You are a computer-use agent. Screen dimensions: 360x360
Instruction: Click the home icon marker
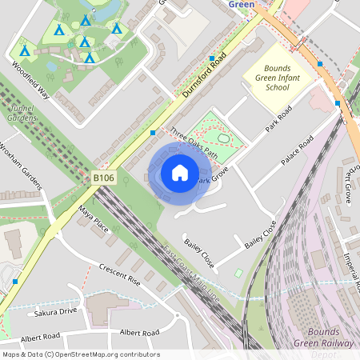click(x=180, y=173)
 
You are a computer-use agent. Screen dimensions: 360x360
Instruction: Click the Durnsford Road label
click(x=205, y=76)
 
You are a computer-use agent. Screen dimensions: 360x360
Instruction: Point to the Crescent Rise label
click(x=120, y=275)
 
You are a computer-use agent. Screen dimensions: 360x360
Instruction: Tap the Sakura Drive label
click(x=57, y=310)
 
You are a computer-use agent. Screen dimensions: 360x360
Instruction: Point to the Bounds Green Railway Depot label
click(x=327, y=342)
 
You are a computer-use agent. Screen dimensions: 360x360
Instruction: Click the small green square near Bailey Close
click(x=238, y=274)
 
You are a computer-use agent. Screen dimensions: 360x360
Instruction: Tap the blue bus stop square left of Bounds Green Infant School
click(x=212, y=58)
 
